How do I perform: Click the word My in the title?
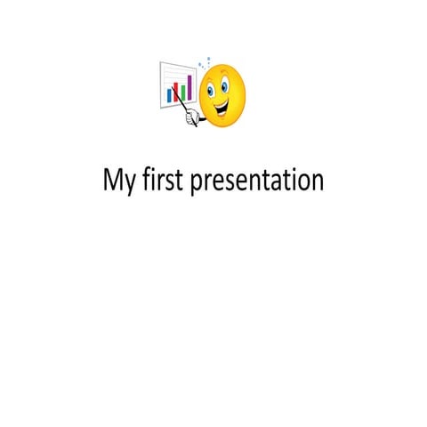[x=119, y=181]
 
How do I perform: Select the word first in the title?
[x=162, y=179]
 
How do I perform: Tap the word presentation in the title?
[x=257, y=181]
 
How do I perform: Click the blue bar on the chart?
[x=169, y=96]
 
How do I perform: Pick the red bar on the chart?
[x=175, y=93]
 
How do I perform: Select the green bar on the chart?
[x=183, y=93]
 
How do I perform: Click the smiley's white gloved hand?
[x=192, y=117]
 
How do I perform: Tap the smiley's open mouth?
[x=222, y=108]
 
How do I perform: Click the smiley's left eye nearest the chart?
[x=210, y=90]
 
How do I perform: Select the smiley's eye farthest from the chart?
[x=224, y=86]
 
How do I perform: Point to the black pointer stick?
[x=184, y=108]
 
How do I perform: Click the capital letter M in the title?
[x=112, y=179]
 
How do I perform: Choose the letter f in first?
[x=147, y=179]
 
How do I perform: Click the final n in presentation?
[x=318, y=182]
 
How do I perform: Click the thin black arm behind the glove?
[x=203, y=119]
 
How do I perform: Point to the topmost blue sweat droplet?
[x=209, y=59]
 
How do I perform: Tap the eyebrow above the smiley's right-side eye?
[x=224, y=73]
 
